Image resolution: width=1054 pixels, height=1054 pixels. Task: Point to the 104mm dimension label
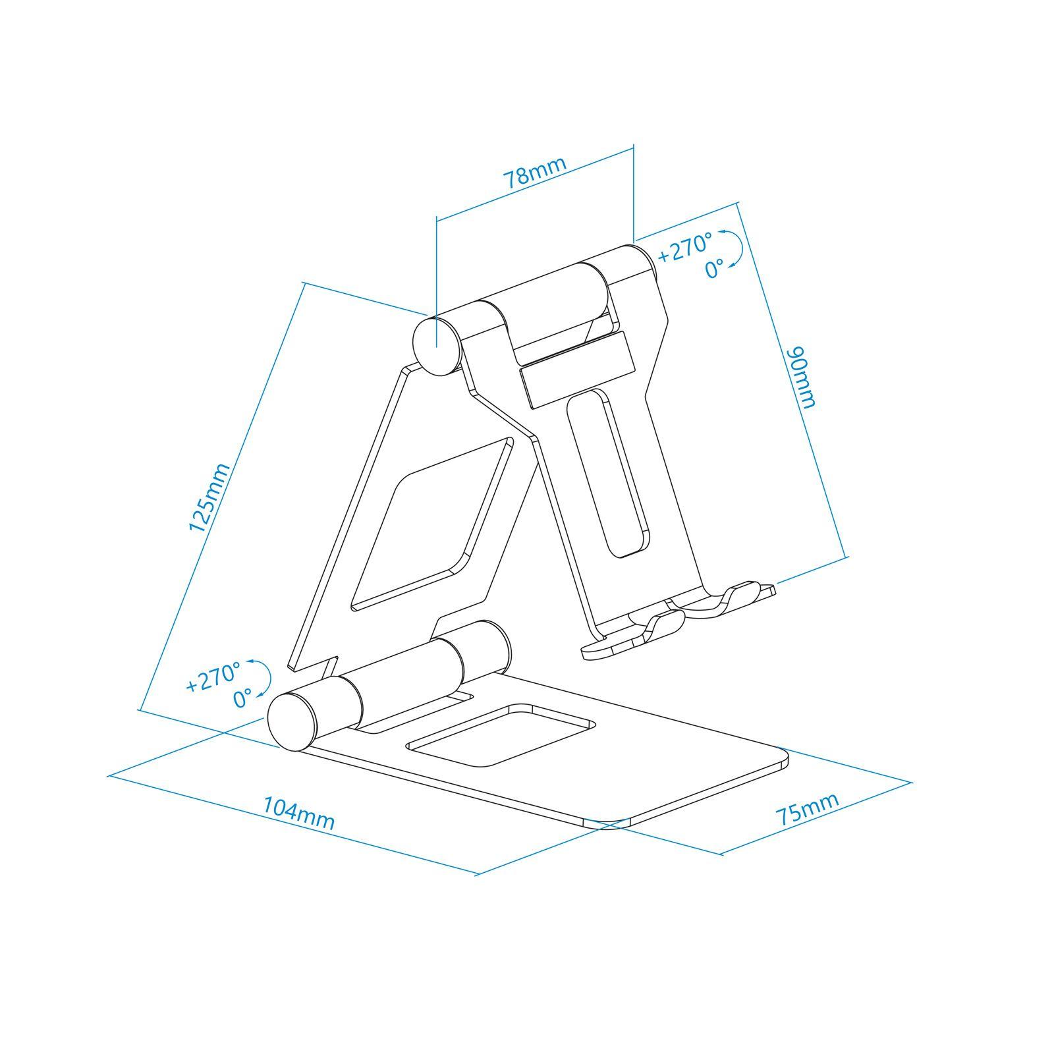coord(299,813)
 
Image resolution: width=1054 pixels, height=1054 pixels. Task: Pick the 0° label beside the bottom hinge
coord(244,698)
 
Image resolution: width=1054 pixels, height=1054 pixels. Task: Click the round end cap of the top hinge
coord(435,346)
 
